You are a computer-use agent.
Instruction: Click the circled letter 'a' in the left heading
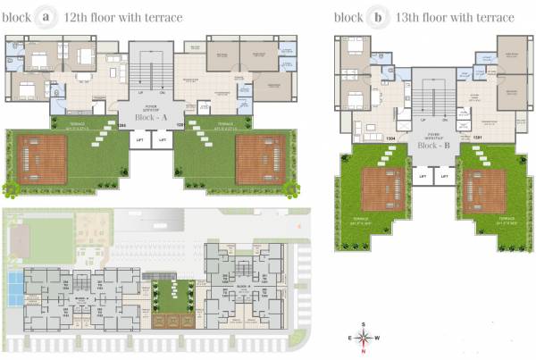[43, 17]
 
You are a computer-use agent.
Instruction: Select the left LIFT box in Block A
[139, 139]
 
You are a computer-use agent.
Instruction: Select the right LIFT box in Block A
[162, 139]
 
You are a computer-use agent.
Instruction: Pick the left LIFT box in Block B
[423, 176]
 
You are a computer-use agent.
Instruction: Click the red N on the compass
[363, 348]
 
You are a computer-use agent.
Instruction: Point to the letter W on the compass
[377, 338]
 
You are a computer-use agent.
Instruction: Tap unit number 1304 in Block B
[390, 138]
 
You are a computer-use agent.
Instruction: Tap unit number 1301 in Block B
[477, 138]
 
